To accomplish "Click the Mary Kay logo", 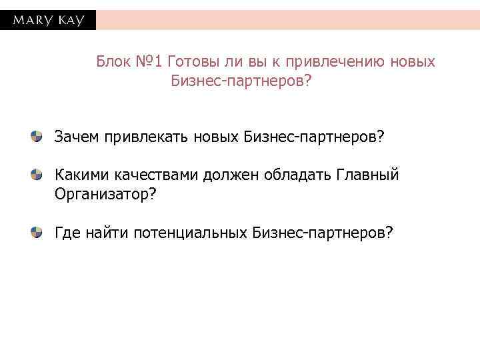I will pyautogui.click(x=48, y=20).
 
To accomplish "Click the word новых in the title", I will pyautogui.click(x=411, y=62).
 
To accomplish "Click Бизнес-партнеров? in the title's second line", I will pyautogui.click(x=241, y=81).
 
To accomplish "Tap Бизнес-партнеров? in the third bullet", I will pyautogui.click(x=323, y=232).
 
